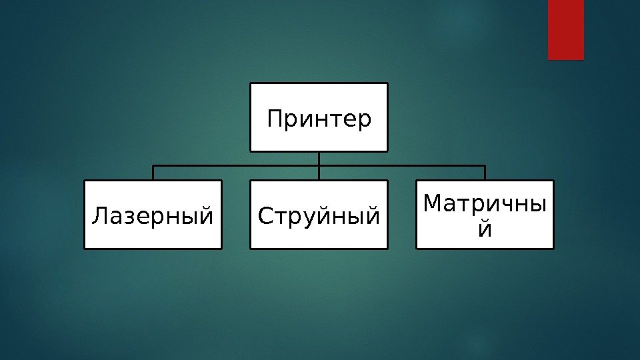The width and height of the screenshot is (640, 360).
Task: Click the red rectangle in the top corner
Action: [x=565, y=29]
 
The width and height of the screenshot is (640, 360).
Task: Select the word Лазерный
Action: [x=153, y=216]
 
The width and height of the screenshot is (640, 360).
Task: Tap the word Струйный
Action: [x=319, y=216]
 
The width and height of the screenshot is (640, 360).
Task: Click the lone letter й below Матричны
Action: [x=486, y=229]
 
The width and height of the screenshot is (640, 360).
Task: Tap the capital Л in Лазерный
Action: [x=98, y=216]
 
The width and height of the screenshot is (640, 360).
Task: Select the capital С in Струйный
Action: [x=265, y=216]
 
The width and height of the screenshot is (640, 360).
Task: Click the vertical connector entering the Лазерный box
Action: [x=153, y=173]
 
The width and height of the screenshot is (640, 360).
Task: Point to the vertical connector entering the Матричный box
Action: [x=485, y=173]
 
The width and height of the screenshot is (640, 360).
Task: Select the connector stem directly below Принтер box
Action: [x=319, y=158]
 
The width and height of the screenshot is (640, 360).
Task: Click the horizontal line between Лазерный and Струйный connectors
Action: [x=236, y=165]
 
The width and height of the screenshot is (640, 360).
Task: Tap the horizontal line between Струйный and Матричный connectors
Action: [x=402, y=165]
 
